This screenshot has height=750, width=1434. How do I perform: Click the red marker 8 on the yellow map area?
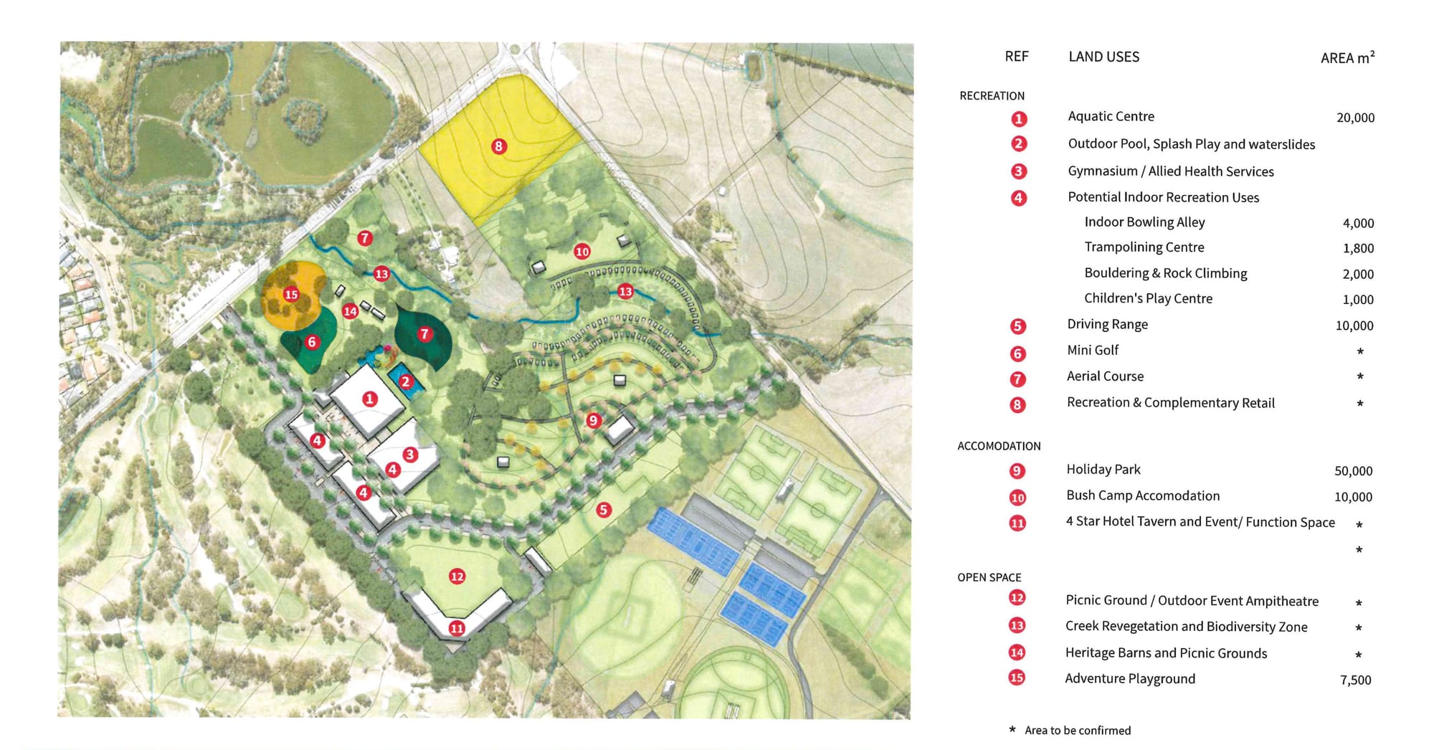498,146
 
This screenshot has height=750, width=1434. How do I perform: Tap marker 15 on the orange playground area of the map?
290,294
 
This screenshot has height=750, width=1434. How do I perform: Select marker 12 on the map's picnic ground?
457,576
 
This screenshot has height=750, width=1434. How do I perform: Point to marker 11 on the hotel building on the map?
457,629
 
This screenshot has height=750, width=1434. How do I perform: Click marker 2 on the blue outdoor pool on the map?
406,381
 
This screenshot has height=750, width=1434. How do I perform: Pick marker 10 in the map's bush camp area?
581,251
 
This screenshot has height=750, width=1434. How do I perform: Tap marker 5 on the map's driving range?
604,510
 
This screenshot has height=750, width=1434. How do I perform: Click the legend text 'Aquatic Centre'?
1111,116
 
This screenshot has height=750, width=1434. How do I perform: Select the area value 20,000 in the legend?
1355,118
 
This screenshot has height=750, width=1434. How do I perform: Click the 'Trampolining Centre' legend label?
1144,247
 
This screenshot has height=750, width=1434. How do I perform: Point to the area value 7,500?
1355,680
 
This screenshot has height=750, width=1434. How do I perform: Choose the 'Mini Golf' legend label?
1092,350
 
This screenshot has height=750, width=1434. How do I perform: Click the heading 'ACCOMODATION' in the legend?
999,446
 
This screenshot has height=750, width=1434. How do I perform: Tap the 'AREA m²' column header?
1347,57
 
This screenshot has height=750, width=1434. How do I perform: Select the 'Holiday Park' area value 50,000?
1353,471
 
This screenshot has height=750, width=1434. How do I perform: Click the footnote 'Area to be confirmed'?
1077,730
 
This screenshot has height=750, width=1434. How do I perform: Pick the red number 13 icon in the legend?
1017,625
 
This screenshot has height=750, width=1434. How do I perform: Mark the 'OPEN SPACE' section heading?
989,577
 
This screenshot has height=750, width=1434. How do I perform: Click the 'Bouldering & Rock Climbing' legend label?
1165,273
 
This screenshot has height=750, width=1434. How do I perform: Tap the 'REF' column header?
1016,57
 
